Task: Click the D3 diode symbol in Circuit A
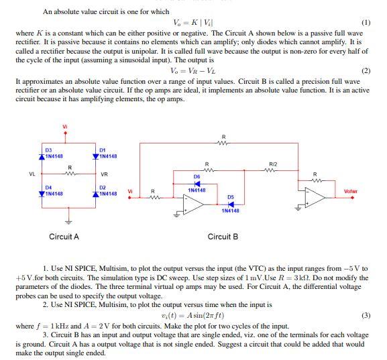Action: click(41, 156)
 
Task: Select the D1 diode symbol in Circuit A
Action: click(95, 156)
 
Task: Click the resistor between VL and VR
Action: click(69, 174)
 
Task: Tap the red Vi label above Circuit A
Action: click(65, 127)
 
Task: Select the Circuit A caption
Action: click(64, 237)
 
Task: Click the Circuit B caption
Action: click(223, 237)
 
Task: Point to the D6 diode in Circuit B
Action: click(197, 183)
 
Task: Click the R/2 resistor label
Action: click(272, 164)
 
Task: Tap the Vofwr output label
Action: click(351, 192)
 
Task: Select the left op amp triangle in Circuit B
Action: click(194, 208)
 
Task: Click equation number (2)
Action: click(366, 70)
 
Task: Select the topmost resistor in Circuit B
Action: click(223, 142)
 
